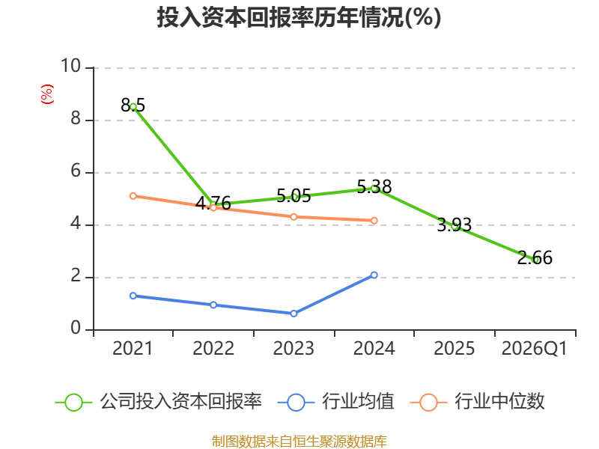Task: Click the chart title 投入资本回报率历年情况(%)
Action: [x=299, y=17]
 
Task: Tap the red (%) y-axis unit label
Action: [x=47, y=94]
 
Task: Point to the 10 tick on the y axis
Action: [x=71, y=66]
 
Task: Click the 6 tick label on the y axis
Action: [x=76, y=171]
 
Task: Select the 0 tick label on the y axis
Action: [x=76, y=328]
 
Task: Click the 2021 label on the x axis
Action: [x=133, y=348]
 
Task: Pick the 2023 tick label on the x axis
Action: [x=294, y=348]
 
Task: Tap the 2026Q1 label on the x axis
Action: [x=535, y=348]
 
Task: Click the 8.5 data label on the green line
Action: [x=133, y=105]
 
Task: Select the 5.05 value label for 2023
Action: [x=294, y=196]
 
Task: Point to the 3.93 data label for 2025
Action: [x=454, y=225]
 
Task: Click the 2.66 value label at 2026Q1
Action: [x=535, y=257]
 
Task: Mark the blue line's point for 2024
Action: [x=374, y=275]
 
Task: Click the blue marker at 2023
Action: [x=294, y=314]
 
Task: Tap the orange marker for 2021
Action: [x=133, y=196]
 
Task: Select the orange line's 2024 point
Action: [x=374, y=220]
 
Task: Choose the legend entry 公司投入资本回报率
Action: [x=159, y=402]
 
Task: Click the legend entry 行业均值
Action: [x=335, y=402]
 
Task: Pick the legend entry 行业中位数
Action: [x=477, y=402]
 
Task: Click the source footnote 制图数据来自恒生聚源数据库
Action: [x=299, y=441]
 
